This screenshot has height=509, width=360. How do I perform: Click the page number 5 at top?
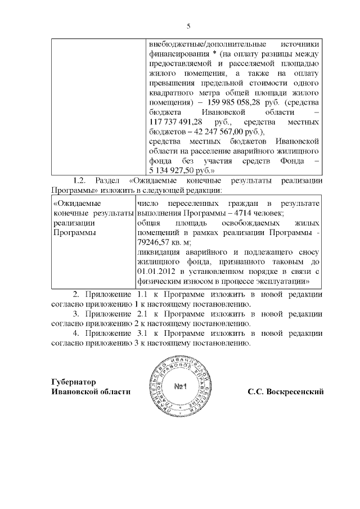pos(188,26)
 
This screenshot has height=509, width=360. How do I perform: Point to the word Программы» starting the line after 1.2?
pos(70,190)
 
